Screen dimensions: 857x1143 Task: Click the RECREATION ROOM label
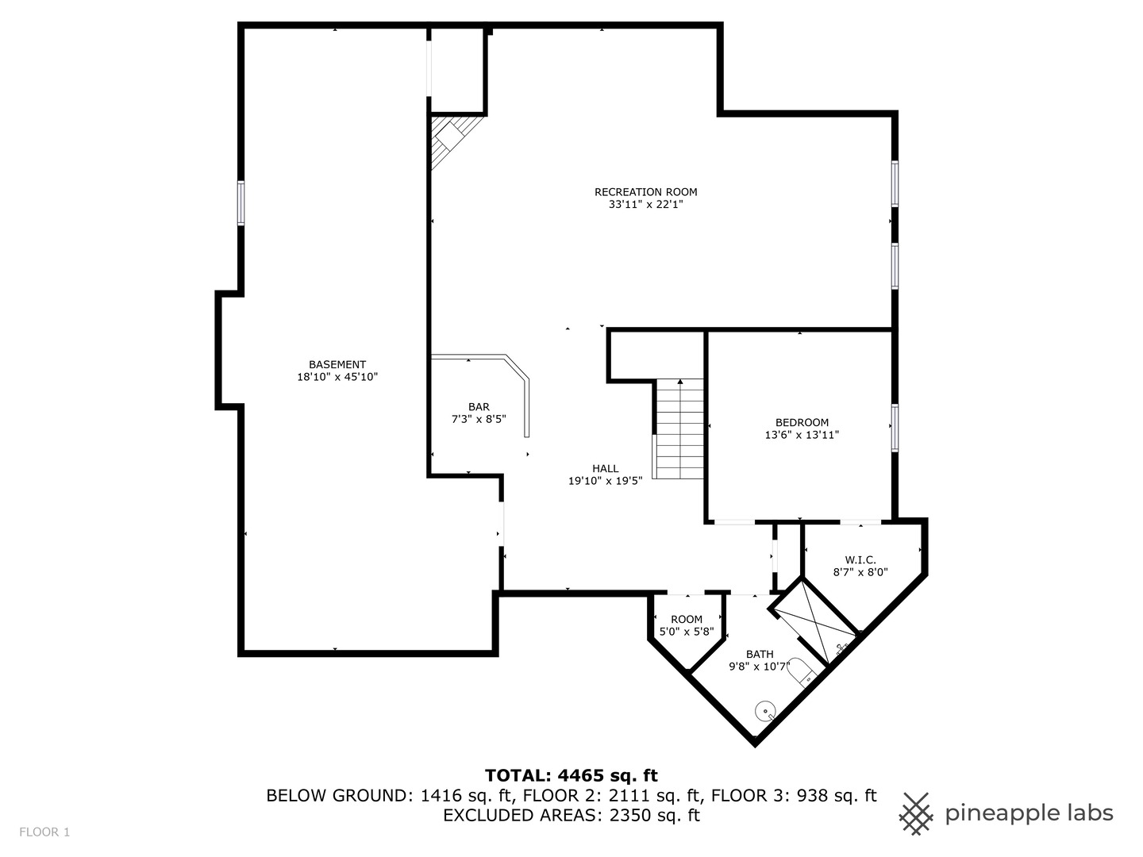(x=645, y=191)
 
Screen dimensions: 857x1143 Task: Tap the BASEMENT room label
(x=337, y=364)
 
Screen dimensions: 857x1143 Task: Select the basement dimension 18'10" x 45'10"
(x=337, y=378)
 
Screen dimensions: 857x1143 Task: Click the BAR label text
(x=479, y=406)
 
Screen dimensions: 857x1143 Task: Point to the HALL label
(x=605, y=468)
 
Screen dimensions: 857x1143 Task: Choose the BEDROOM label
(x=802, y=422)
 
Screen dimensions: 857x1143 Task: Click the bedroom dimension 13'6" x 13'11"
(x=802, y=435)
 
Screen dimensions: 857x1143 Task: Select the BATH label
(x=759, y=654)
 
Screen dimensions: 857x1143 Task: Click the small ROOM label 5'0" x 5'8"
(x=687, y=619)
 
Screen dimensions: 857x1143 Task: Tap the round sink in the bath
(x=765, y=709)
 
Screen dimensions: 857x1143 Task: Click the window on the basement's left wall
(x=241, y=203)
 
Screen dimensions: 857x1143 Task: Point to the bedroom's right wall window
(x=895, y=428)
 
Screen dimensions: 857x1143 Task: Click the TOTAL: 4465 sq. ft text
(x=571, y=775)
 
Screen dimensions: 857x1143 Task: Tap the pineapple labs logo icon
(x=916, y=813)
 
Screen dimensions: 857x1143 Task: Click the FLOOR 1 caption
(x=45, y=832)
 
